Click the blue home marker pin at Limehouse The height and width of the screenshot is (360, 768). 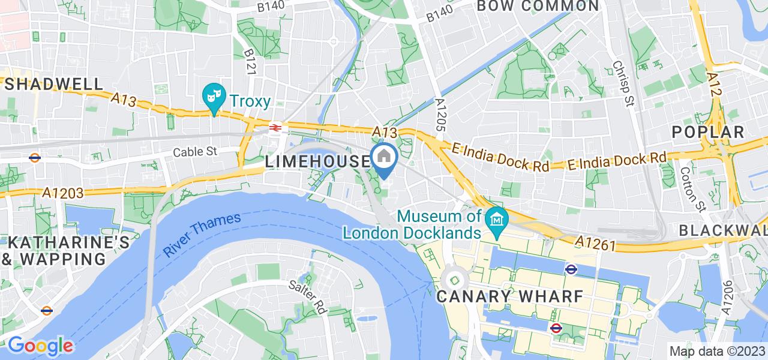click(x=384, y=158)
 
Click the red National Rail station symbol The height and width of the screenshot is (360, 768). click(x=276, y=128)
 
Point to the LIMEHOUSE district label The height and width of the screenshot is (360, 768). click(x=318, y=161)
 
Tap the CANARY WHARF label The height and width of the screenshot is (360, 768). click(x=509, y=296)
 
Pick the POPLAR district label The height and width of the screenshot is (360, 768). click(x=708, y=132)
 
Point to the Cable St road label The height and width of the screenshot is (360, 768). click(x=194, y=152)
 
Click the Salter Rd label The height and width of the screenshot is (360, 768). click(x=307, y=296)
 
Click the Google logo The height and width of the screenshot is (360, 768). click(x=40, y=346)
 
